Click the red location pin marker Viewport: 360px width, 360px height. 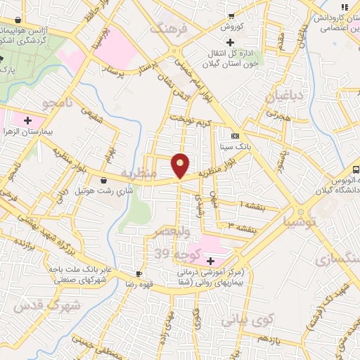[x=181, y=165]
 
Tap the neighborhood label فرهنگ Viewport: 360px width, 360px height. [x=168, y=30]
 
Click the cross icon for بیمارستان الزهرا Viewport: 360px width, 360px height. [x=27, y=120]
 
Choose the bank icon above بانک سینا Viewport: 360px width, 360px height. [x=234, y=136]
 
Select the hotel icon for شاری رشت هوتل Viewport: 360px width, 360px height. [x=104, y=180]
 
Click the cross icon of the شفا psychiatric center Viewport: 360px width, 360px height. [x=210, y=261]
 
